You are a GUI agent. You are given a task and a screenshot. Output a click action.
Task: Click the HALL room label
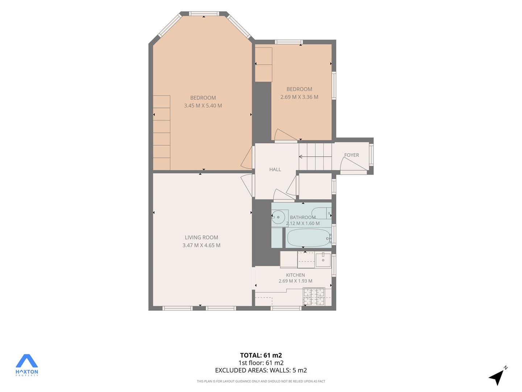point(275,170)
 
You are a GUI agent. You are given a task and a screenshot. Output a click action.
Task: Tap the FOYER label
point(352,155)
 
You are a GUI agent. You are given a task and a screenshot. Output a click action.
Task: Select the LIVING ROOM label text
point(202,237)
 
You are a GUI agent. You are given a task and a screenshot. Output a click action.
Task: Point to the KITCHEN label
point(295,275)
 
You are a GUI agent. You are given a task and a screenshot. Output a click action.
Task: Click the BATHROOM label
point(303,217)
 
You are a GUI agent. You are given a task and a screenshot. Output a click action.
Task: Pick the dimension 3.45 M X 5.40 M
point(203,105)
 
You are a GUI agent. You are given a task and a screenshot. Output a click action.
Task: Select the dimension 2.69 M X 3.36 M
point(299,97)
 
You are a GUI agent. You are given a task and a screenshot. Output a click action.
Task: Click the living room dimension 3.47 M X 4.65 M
point(202,245)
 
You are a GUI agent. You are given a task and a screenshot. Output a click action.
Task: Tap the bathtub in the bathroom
point(308,238)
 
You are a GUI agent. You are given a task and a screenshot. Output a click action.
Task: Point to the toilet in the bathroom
point(321,213)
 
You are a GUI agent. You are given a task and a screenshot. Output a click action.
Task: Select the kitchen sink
point(323,260)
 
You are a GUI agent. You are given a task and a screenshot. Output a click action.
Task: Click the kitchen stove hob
point(314,297)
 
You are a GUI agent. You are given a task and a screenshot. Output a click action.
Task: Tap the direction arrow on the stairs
point(315,156)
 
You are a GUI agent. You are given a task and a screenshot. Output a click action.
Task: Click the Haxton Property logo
point(26,365)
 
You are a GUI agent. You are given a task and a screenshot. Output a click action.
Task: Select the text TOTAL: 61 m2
point(261,355)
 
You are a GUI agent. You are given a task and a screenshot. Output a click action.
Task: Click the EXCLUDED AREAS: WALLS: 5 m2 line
point(261,370)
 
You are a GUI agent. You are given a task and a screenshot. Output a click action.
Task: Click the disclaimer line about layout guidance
point(261,381)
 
